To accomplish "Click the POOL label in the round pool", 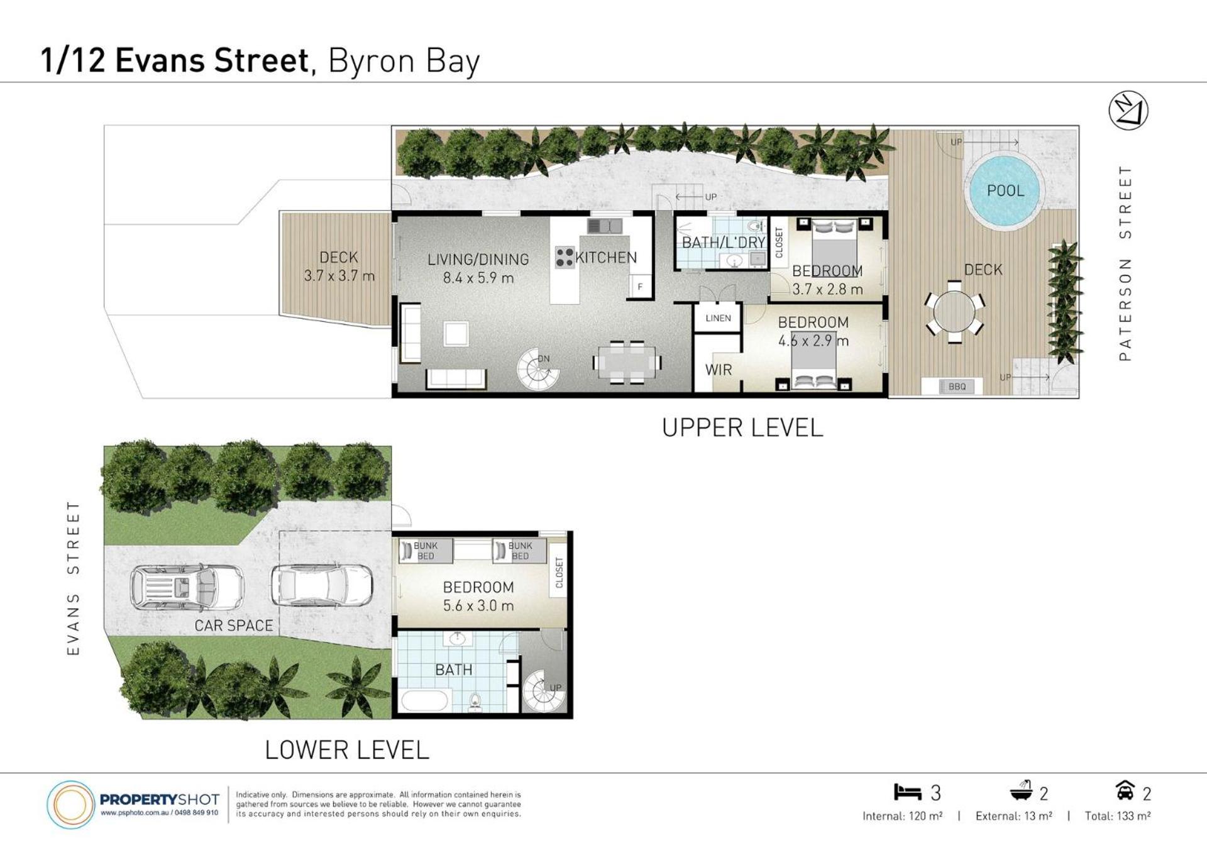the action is (1005, 190).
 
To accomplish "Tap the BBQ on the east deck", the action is (957, 386).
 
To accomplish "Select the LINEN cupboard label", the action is (718, 318).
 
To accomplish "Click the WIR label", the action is (719, 370).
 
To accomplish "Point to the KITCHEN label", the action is (606, 258).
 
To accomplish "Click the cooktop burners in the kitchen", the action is (565, 258).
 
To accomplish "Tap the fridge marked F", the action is (640, 286).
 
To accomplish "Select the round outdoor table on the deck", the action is (954, 312).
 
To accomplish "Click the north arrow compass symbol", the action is (1128, 111).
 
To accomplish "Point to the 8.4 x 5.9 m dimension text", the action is (478, 278).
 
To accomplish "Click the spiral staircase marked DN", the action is (538, 369).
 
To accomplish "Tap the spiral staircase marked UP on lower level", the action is (544, 690).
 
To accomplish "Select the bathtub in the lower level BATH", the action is (425, 700).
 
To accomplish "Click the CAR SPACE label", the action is (234, 625).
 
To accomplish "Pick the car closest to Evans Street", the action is (187, 588).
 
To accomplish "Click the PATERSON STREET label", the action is (1125, 263).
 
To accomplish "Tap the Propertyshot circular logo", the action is (70, 805).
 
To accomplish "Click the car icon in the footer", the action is (1125, 790).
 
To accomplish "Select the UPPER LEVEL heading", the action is (742, 428).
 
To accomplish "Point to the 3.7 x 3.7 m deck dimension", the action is (339, 275).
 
